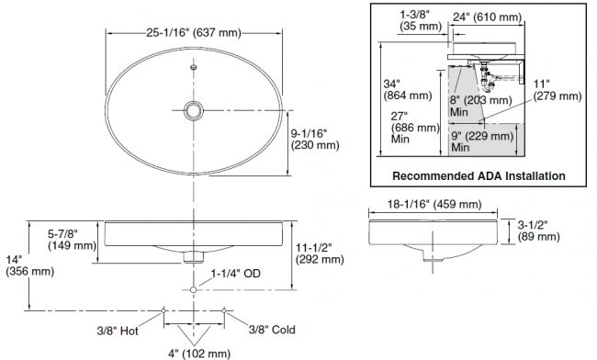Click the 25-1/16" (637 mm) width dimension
(x=194, y=33)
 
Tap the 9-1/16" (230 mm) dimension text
(x=315, y=140)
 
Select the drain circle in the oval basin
(x=194, y=111)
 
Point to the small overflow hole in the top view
(x=194, y=67)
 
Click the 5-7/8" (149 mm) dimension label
(x=72, y=240)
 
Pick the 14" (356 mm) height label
(x=29, y=265)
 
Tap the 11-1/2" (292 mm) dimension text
(x=320, y=253)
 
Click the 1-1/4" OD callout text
(x=236, y=274)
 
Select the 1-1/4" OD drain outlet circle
(x=194, y=290)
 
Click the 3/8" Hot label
(x=118, y=331)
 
